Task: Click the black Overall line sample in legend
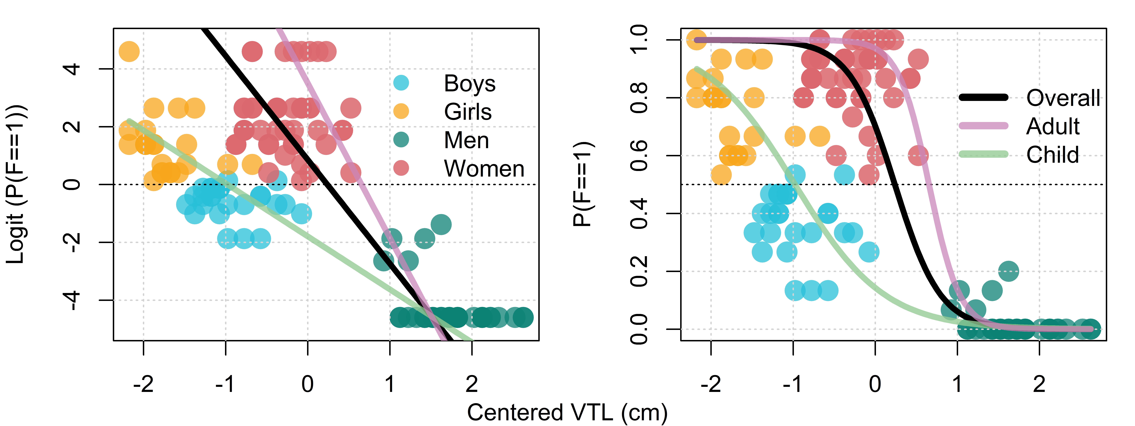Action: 983,98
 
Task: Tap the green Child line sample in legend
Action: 983,154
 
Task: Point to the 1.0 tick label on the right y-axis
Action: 639,40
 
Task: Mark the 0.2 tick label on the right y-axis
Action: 639,271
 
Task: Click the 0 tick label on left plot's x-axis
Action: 308,384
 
